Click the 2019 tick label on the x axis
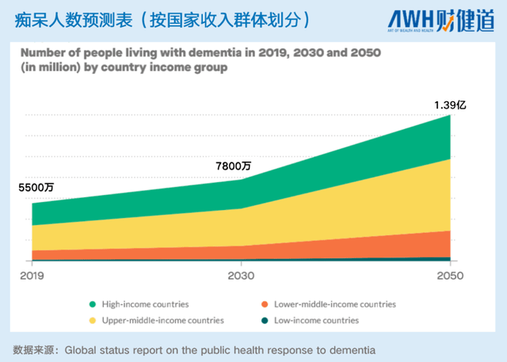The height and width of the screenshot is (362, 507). click(x=32, y=276)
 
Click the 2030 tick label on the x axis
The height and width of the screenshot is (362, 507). click(x=241, y=276)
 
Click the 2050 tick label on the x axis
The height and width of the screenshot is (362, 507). click(x=449, y=276)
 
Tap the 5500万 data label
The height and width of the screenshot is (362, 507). click(x=37, y=188)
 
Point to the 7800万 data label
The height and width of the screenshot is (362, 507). click(x=234, y=166)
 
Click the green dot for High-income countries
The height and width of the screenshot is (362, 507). click(x=93, y=303)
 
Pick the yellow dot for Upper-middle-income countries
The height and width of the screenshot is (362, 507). click(x=93, y=320)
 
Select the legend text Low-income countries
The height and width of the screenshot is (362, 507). click(x=316, y=320)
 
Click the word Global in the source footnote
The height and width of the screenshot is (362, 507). click(x=82, y=349)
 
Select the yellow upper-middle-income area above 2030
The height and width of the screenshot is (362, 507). click(x=241, y=227)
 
